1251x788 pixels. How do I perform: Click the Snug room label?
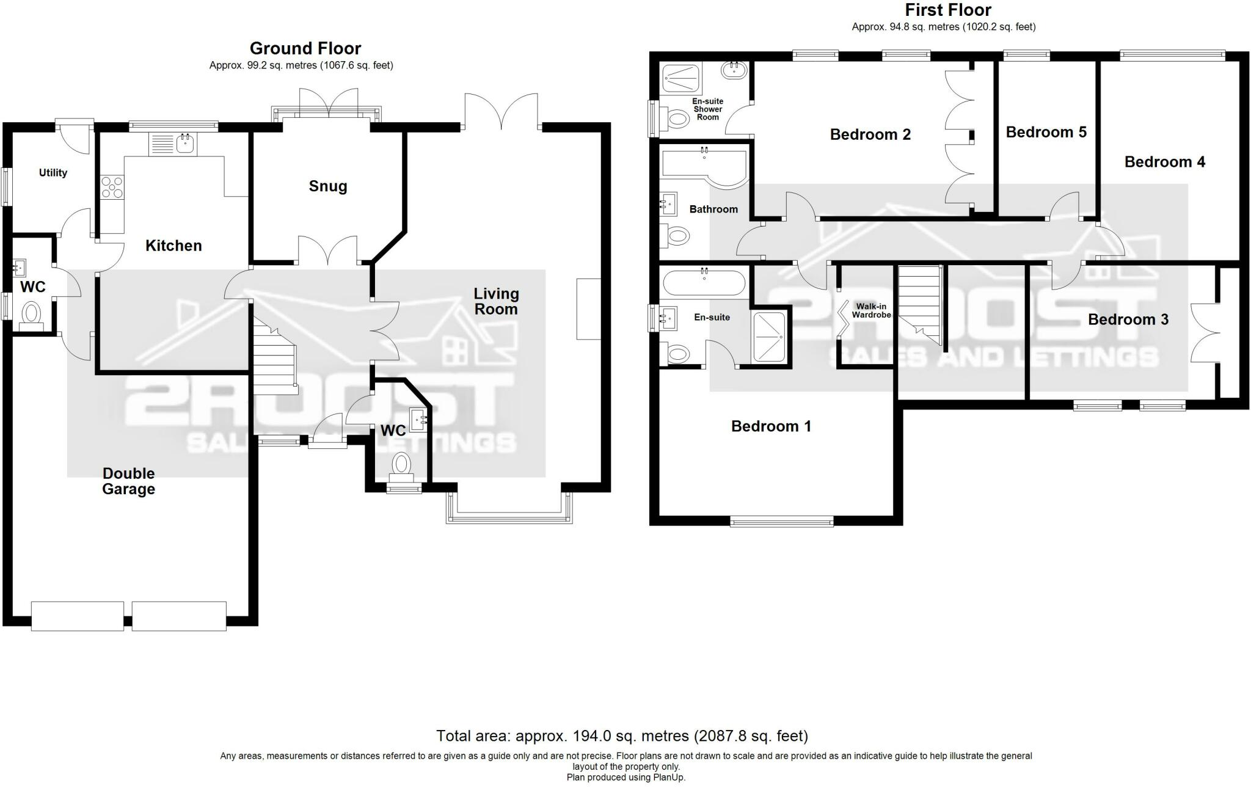click(x=328, y=186)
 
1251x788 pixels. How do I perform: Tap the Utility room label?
click(x=53, y=173)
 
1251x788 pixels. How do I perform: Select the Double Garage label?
click(x=128, y=481)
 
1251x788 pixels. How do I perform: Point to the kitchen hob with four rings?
click(x=112, y=187)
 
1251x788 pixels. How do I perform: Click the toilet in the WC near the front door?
click(x=401, y=464)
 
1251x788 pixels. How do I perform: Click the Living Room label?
click(x=496, y=301)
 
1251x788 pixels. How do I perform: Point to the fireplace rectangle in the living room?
click(x=589, y=309)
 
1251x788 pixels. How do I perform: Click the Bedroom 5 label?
click(x=1046, y=133)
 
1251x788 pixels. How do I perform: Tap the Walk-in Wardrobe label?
click(x=871, y=311)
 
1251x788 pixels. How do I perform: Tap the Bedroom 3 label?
click(x=1128, y=319)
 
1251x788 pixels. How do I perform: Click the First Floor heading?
click(x=948, y=10)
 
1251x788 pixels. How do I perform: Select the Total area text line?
click(x=622, y=735)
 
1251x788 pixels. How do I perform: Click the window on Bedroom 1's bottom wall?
click(x=782, y=521)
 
